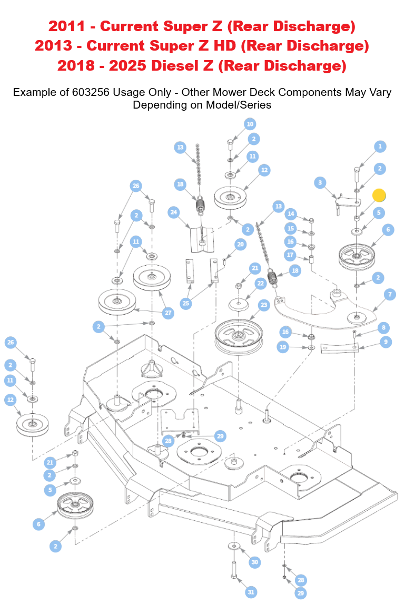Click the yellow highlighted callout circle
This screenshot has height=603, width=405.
click(379, 196)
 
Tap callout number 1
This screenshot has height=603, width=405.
click(380, 147)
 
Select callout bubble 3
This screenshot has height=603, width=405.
click(320, 183)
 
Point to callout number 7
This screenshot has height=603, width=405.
click(390, 295)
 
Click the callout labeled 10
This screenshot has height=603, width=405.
click(250, 124)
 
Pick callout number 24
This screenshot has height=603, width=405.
click(173, 212)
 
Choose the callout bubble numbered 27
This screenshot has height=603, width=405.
click(168, 313)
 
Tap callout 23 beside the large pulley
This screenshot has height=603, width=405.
click(264, 305)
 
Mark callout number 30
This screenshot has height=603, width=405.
click(255, 562)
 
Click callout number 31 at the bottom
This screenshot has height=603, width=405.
click(251, 592)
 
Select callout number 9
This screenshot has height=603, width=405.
click(386, 342)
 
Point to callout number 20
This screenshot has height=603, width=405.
click(241, 245)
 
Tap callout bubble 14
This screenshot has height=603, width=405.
click(291, 215)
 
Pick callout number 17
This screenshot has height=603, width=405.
click(291, 255)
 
